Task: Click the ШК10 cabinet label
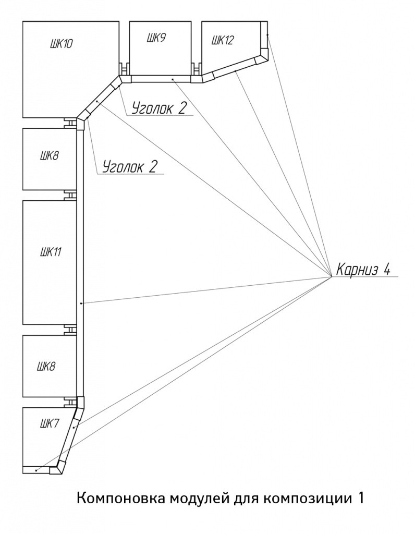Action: (62, 44)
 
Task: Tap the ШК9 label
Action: (156, 38)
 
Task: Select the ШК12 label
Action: (223, 40)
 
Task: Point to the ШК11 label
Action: (51, 252)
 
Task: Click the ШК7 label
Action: (50, 424)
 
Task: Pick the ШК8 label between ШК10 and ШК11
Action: (49, 156)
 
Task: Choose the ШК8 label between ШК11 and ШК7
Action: (46, 367)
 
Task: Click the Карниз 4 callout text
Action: (363, 270)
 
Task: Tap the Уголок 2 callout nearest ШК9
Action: (159, 108)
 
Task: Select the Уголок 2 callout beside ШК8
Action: (130, 166)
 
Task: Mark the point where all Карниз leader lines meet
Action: (331, 276)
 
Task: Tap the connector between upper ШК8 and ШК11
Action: (70, 195)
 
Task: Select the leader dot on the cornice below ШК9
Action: (173, 79)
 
